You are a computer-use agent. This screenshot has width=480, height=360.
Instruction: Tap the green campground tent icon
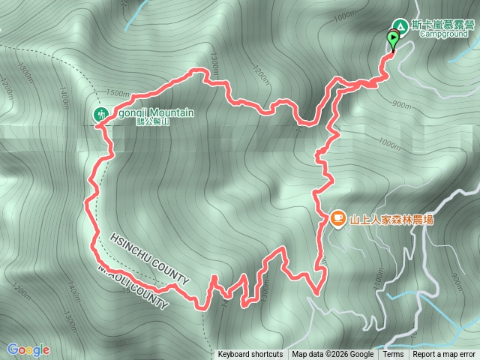pyautogui.click(x=400, y=26)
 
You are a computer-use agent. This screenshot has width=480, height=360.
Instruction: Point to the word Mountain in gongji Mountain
pyautogui.click(x=169, y=112)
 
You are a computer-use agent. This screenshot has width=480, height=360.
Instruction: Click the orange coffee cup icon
pyautogui.click(x=337, y=218)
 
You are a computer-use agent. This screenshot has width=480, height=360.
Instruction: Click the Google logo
pyautogui.click(x=28, y=349)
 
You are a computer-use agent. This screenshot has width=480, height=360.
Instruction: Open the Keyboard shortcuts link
pyautogui.click(x=250, y=355)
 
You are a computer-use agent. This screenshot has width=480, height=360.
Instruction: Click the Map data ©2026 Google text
pyautogui.click(x=333, y=355)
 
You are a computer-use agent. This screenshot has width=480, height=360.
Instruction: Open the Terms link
pyautogui.click(x=393, y=355)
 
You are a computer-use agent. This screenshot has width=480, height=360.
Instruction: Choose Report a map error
pyautogui.click(x=444, y=355)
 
